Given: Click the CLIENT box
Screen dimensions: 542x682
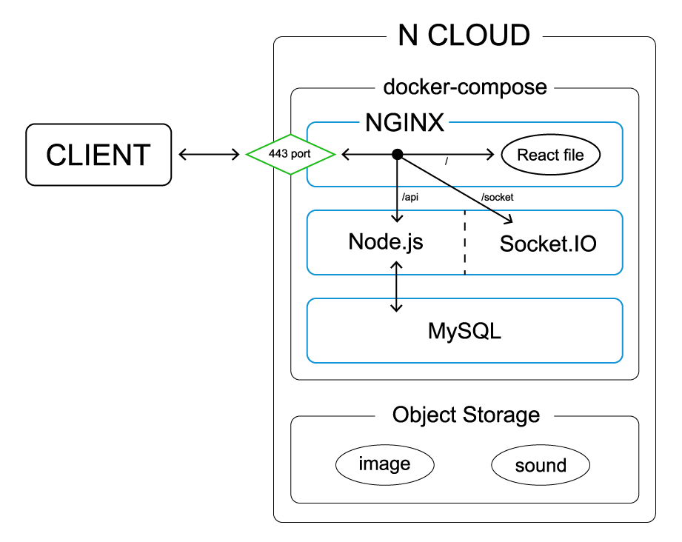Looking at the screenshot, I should click(x=98, y=155).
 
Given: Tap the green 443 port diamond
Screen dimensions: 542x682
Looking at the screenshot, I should click(x=291, y=155).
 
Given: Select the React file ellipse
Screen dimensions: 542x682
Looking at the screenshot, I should click(x=550, y=155).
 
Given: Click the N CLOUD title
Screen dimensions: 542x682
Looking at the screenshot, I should click(x=464, y=36).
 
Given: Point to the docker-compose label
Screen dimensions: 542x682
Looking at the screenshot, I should click(x=464, y=87).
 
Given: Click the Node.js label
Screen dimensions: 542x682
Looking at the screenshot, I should click(x=386, y=242).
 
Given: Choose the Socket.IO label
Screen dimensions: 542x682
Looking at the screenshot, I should click(x=548, y=244).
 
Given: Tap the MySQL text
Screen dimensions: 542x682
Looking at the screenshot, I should click(x=464, y=331).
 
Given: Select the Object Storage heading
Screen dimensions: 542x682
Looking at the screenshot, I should click(x=466, y=415).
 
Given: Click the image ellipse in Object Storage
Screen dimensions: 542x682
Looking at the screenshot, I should click(x=384, y=464).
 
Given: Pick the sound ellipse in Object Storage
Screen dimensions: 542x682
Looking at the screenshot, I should click(x=541, y=466).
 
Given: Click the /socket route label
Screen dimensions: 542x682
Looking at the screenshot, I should click(x=497, y=198).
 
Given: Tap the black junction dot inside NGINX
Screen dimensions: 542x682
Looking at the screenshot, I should click(x=398, y=154).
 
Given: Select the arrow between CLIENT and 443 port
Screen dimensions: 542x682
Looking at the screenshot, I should click(x=209, y=155).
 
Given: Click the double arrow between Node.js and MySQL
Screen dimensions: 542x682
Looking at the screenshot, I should click(x=398, y=286).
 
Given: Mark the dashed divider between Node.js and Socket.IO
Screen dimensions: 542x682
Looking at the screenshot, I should click(x=464, y=242).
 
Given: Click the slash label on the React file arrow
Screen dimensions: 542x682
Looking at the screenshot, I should click(x=447, y=161).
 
